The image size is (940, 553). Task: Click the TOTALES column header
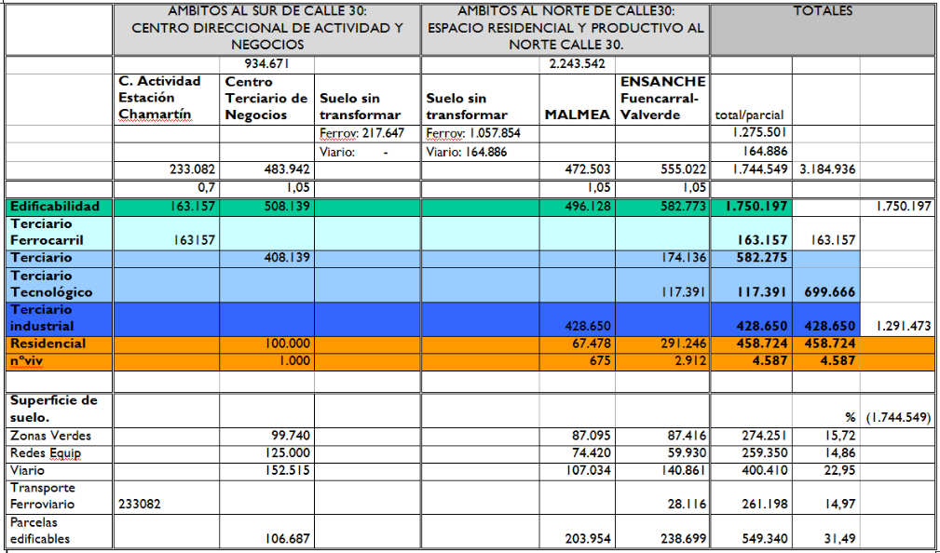click(x=823, y=11)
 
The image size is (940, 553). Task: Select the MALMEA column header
click(x=577, y=115)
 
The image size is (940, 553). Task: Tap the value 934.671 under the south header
click(x=266, y=64)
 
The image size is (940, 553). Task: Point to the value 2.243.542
click(x=577, y=64)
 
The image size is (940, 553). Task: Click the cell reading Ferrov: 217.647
click(x=362, y=133)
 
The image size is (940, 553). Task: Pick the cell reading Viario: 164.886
click(x=467, y=152)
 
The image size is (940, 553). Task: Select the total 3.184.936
click(x=826, y=170)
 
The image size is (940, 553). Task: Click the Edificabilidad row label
click(x=55, y=207)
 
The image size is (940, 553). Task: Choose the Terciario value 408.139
click(x=287, y=258)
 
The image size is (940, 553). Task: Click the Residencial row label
click(x=48, y=344)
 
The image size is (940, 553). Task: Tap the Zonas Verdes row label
click(x=51, y=436)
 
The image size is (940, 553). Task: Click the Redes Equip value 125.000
click(x=287, y=453)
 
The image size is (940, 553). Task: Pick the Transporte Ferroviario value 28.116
click(x=688, y=505)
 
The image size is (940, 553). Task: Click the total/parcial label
click(x=749, y=115)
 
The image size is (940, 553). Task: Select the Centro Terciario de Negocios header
click(x=266, y=99)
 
